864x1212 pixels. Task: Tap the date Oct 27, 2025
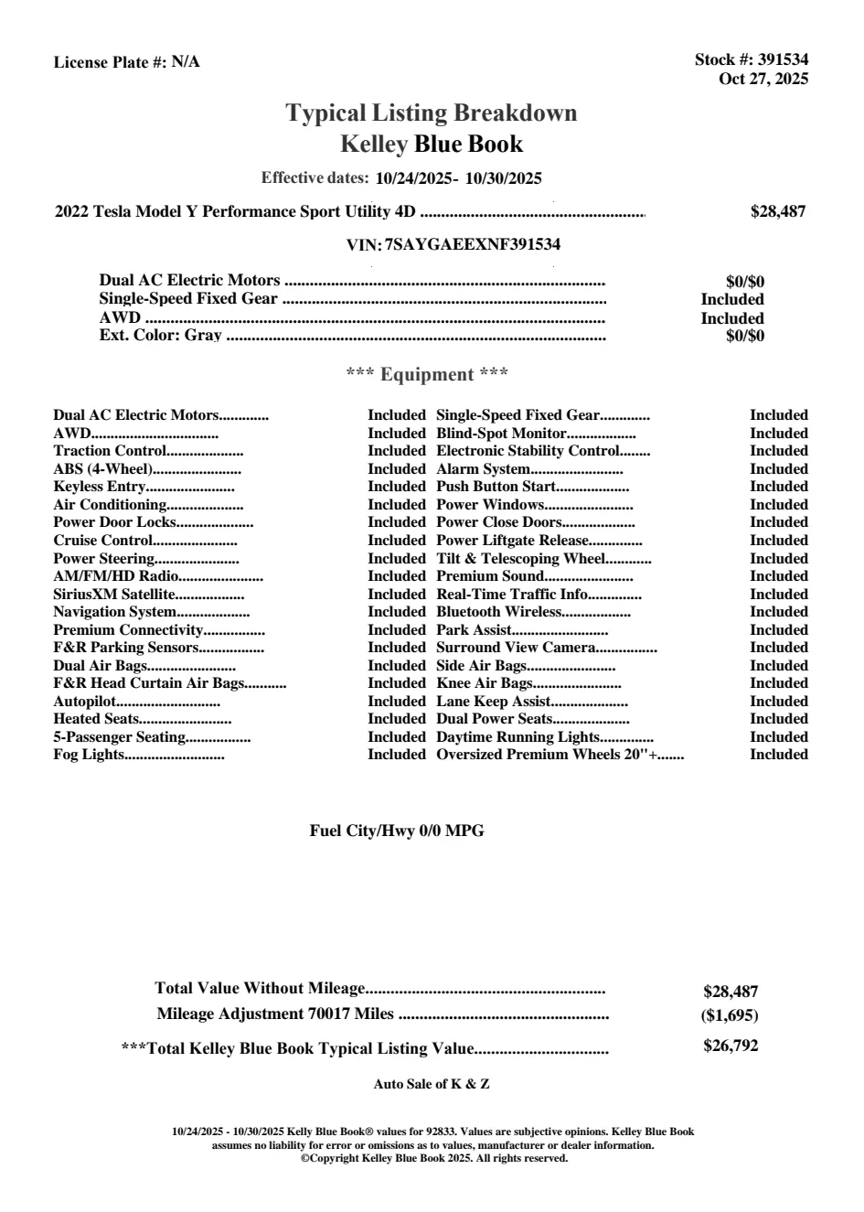(x=763, y=79)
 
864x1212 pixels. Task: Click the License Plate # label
(x=111, y=62)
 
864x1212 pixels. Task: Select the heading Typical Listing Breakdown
(x=432, y=113)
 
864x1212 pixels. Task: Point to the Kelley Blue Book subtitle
(x=432, y=144)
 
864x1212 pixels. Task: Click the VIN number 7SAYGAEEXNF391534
(x=473, y=244)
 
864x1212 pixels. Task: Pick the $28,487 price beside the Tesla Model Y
(x=778, y=211)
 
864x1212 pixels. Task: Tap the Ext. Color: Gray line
(x=161, y=336)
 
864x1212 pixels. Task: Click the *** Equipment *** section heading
(x=427, y=374)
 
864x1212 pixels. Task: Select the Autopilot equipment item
(x=85, y=702)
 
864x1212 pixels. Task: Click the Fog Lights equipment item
(x=89, y=755)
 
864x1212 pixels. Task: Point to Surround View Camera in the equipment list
(x=516, y=648)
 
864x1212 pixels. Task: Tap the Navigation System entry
(x=114, y=612)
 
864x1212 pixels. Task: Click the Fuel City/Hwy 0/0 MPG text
(x=397, y=831)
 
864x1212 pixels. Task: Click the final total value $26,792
(x=731, y=1046)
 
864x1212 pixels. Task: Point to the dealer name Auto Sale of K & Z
(x=432, y=1084)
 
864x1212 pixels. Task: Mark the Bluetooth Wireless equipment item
(x=498, y=612)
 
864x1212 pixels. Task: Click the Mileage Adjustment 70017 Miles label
(x=275, y=1014)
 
